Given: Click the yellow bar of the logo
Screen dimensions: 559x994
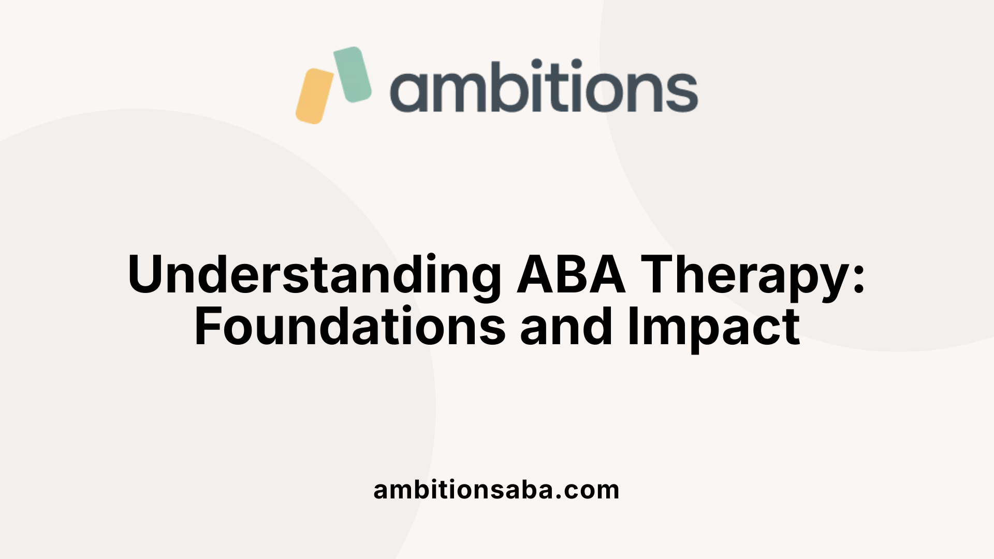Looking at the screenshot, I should point(315,96).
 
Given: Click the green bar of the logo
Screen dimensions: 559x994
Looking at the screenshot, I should point(353,74).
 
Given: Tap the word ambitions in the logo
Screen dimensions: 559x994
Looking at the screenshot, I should point(544,87).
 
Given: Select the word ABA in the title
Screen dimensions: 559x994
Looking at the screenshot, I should point(571,274).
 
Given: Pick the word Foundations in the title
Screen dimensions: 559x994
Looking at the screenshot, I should point(350,327).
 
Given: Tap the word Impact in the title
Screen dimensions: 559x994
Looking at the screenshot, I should point(714,328).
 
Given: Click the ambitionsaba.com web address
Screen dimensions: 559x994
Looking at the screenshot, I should point(496,490).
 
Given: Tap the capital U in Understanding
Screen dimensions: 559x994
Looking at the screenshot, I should point(149,274).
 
